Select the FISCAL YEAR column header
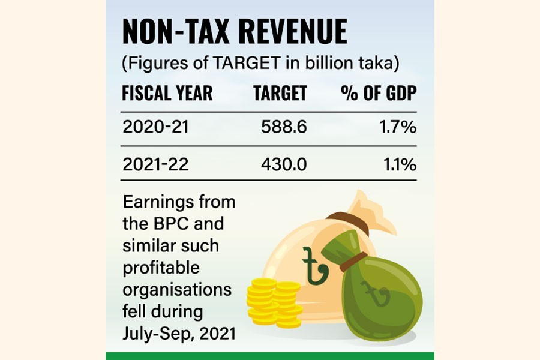167,94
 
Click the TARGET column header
280,94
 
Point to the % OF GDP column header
379,94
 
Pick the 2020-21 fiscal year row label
155,128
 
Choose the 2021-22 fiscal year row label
155,164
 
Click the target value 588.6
284,128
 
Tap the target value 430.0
284,164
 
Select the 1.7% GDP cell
401,128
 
